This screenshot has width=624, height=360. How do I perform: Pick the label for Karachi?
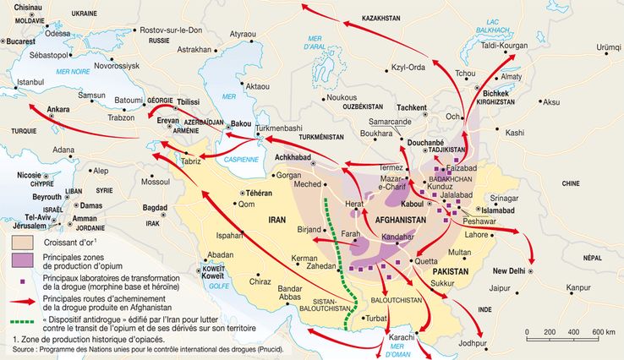(x=401, y=338)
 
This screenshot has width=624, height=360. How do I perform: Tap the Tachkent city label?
(x=412, y=108)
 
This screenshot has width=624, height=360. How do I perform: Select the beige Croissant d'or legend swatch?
(x=21, y=243)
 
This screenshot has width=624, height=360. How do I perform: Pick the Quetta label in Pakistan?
(x=426, y=262)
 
